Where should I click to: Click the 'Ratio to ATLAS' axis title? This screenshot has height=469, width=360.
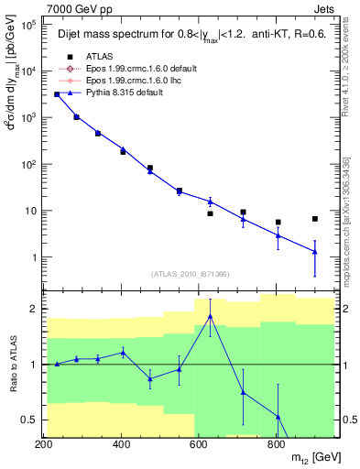[x=13, y=363]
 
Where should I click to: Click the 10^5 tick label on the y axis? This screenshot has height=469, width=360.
[x=26, y=26]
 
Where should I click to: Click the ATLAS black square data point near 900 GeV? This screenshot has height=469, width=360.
[x=315, y=219]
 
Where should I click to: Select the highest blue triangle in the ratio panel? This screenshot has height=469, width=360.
[x=211, y=317]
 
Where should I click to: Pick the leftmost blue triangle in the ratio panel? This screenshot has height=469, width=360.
[x=57, y=364]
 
